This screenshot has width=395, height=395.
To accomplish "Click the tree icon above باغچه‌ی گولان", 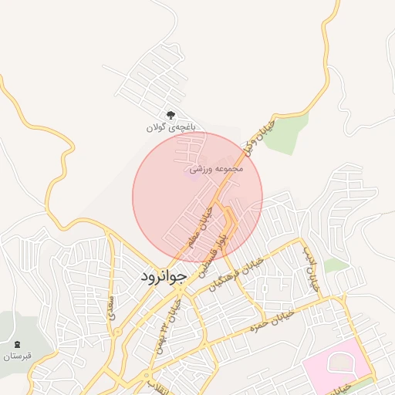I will (170, 114).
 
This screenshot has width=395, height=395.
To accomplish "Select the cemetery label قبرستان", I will (16, 356).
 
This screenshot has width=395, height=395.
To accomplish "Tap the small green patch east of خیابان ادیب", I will (336, 265).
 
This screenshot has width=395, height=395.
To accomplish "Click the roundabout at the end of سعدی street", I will (118, 332).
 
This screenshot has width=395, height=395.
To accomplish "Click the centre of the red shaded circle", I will (197, 196).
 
